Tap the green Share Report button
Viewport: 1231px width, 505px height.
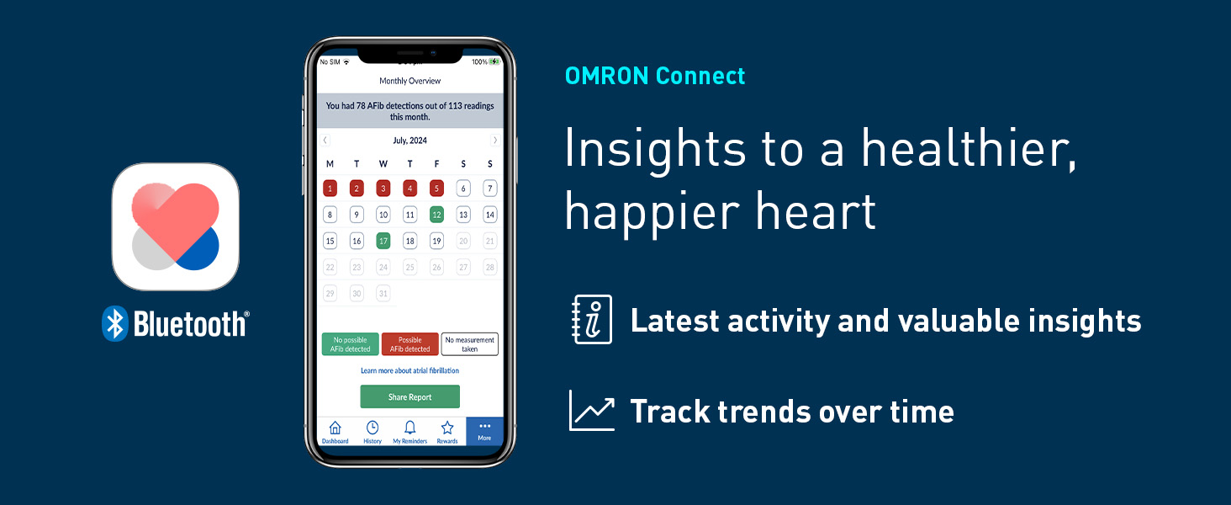(x=409, y=397)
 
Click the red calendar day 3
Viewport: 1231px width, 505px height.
(x=383, y=188)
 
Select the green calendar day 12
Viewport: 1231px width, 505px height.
(x=436, y=215)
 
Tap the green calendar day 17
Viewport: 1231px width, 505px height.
(x=383, y=241)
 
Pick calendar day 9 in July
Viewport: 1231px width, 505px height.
(x=357, y=215)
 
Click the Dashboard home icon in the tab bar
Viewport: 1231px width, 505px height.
(x=335, y=431)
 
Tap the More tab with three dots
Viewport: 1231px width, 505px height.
(x=484, y=431)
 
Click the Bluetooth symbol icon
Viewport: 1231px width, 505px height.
(x=114, y=323)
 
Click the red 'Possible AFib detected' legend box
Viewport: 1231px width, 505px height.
(x=409, y=344)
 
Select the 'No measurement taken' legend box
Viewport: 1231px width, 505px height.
(x=469, y=344)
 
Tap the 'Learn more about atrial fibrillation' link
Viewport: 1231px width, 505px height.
(x=409, y=370)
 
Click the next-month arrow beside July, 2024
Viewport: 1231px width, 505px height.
(x=494, y=140)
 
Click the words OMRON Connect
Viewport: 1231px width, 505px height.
(x=655, y=76)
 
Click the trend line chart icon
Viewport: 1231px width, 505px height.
(x=591, y=411)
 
